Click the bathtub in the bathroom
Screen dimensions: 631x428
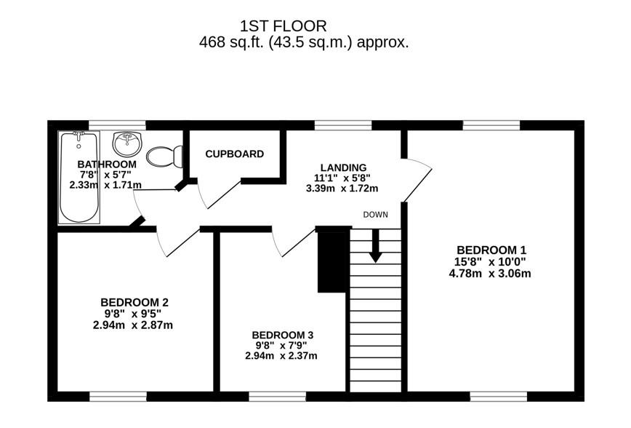(x=79, y=178)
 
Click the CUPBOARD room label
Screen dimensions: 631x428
(x=235, y=154)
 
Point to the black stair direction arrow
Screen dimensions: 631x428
(x=375, y=246)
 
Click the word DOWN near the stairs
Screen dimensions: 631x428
(x=375, y=215)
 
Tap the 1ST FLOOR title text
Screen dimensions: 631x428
(x=284, y=26)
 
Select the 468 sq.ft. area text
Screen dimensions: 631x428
(x=231, y=42)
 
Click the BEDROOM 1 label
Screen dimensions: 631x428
(x=491, y=250)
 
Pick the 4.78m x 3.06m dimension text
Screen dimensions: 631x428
(x=490, y=274)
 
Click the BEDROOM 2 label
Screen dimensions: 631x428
(x=134, y=302)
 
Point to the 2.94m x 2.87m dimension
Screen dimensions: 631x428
(x=133, y=325)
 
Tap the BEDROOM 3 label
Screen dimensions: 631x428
(x=283, y=336)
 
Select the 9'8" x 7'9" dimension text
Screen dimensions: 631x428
(x=281, y=345)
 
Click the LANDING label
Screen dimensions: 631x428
(x=343, y=167)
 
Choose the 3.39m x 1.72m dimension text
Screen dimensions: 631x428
(x=342, y=189)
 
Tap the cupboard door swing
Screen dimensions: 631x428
(x=220, y=196)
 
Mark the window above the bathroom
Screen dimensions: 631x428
(x=117, y=125)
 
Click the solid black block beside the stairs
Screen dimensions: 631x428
(x=332, y=261)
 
